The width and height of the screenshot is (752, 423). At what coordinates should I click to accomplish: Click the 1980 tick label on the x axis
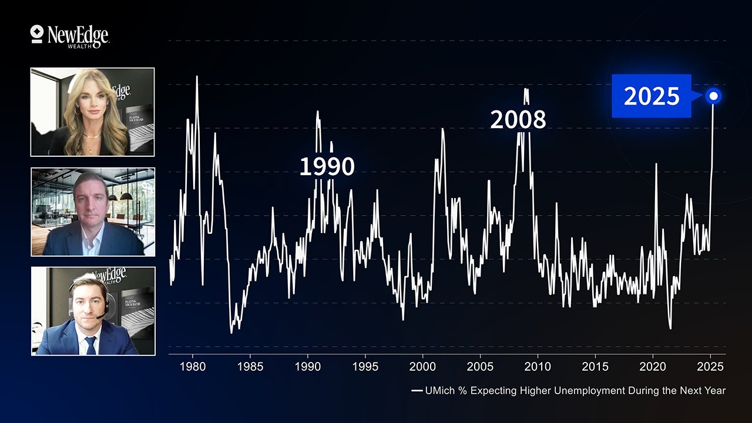point(193,367)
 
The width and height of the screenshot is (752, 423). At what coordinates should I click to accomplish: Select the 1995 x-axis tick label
point(365,367)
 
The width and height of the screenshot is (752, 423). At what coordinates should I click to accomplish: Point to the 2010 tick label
point(538,367)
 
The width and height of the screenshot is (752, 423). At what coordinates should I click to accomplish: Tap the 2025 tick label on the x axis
point(710,367)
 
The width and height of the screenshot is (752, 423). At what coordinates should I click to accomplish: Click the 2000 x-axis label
point(422,367)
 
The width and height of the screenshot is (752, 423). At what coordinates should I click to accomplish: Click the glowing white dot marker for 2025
point(714,96)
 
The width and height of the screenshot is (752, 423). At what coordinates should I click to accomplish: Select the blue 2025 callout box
point(652,96)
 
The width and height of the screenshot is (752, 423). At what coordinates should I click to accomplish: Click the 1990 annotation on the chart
point(327,167)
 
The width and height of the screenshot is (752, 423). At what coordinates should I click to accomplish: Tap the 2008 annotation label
point(518,120)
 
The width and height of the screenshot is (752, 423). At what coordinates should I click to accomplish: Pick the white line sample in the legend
point(417,390)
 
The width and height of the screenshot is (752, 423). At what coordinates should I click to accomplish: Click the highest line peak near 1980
point(197,77)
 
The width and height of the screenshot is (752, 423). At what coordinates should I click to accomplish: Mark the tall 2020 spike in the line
point(656,164)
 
